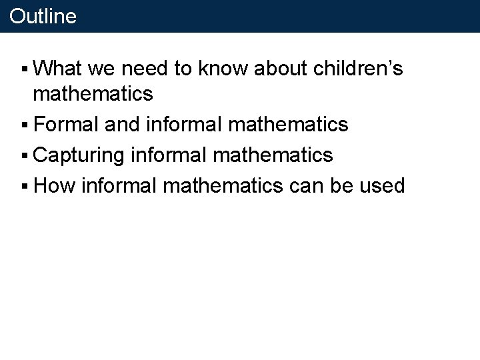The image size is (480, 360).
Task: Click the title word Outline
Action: [43, 16]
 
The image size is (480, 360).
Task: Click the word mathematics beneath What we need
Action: [93, 94]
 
